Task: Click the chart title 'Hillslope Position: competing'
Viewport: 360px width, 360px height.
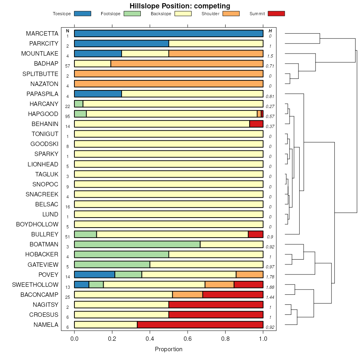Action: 180,6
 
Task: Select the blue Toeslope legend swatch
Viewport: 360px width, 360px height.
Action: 82,14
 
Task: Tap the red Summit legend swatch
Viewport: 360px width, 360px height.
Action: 276,14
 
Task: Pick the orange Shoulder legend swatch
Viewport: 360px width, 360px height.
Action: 231,14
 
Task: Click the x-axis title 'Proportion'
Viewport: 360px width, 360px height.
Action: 168,349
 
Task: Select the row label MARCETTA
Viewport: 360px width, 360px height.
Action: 42,34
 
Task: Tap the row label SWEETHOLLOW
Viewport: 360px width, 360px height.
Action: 35,285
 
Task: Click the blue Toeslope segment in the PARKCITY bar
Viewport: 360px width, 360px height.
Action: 122,44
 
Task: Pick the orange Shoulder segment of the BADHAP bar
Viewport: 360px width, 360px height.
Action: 187,64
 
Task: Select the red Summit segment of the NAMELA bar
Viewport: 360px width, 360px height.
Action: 200,325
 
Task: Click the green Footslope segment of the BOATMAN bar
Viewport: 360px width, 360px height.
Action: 137,244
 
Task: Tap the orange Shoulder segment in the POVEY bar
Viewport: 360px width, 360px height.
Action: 250,274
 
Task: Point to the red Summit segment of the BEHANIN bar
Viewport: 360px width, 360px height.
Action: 256,124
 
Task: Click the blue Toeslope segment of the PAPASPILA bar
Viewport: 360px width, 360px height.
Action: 98,94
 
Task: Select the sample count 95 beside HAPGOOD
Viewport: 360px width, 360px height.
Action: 68,116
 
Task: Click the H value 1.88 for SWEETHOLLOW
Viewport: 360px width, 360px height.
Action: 270,287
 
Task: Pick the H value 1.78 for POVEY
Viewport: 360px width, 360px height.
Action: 270,277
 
